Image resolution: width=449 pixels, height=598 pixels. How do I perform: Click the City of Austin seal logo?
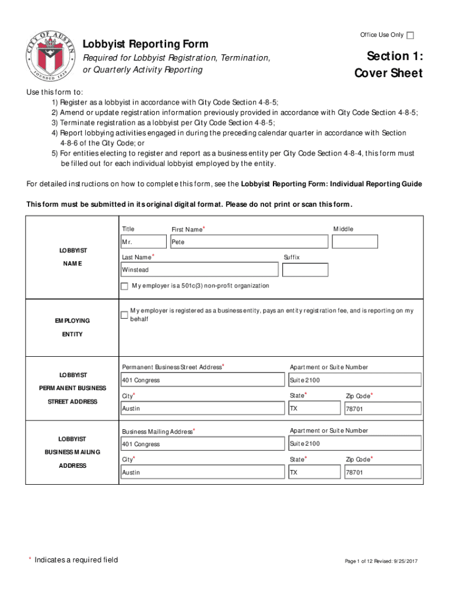pos(51,54)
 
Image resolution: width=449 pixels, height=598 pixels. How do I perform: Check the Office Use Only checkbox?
pos(411,36)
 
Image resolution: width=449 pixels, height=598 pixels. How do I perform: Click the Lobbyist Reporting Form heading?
pos(145,45)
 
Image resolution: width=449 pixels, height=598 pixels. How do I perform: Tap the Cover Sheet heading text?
pos(388,74)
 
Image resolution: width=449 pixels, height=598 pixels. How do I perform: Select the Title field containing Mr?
pos(143,242)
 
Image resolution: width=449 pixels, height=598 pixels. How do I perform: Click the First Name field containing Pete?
pos(249,242)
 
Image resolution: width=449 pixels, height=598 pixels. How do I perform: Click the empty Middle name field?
pos(355,242)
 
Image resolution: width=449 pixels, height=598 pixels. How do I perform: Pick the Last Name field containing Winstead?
pos(199,270)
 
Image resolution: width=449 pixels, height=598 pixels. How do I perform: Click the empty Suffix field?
pos(305,270)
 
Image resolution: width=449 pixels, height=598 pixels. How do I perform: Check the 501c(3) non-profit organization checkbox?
pos(124,286)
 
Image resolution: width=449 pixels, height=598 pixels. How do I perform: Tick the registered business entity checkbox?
pos(124,315)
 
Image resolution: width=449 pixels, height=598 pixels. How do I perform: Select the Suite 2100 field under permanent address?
pos(355,380)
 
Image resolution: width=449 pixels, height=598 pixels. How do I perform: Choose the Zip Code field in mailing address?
pos(383,472)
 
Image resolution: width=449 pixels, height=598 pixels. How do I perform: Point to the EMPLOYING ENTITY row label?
pos(72,328)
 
